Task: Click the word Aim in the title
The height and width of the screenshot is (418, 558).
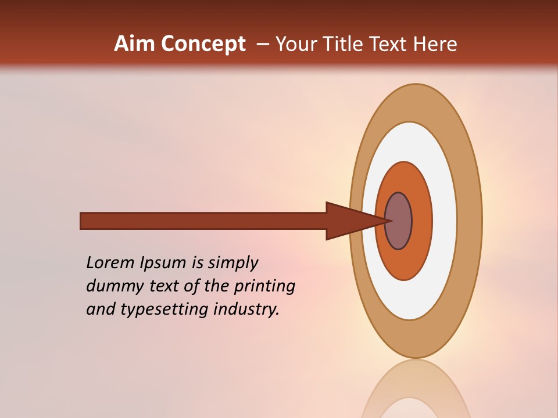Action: [x=134, y=44]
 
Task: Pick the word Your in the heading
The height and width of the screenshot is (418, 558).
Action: [x=293, y=44]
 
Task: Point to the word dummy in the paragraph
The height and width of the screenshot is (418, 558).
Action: [x=112, y=286]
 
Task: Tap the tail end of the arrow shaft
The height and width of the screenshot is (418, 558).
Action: [x=84, y=221]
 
